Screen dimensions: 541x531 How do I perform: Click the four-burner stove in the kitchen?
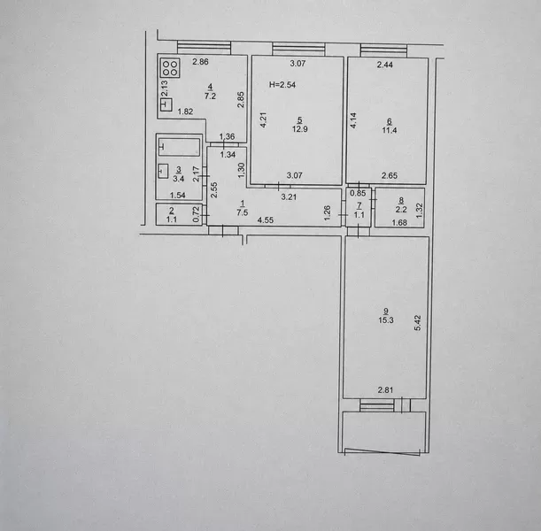coord(170,68)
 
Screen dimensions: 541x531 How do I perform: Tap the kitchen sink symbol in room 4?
coord(166,104)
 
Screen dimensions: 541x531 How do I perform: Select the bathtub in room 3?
coord(180,147)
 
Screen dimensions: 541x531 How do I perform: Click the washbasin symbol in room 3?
coord(163,171)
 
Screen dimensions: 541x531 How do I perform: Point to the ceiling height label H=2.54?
coord(282,85)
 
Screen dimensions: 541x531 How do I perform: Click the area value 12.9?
coord(300,129)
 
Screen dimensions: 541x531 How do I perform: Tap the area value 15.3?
coord(386,320)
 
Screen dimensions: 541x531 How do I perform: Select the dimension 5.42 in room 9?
coord(418,323)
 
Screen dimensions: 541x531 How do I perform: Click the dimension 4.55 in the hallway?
coord(266,220)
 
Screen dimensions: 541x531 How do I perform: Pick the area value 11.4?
coord(390,130)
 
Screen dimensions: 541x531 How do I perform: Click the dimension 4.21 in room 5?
coord(263,120)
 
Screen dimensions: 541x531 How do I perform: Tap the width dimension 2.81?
coord(385,390)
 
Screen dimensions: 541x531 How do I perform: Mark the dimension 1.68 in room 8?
coord(399,223)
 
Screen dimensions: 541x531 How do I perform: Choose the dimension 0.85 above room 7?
coord(358,193)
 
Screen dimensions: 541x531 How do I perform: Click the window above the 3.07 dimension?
coord(298,49)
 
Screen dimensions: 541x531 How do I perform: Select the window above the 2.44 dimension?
coord(383,50)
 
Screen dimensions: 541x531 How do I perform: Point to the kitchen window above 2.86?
coord(204,48)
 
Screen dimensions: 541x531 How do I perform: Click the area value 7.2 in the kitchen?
coord(210,96)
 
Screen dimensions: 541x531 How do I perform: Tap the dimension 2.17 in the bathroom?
coord(196,173)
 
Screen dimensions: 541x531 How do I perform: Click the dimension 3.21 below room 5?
coord(289,197)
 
